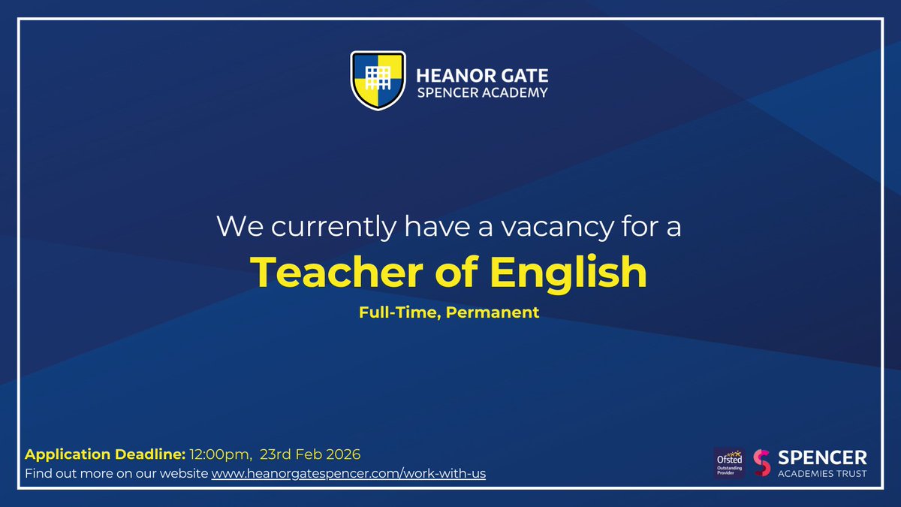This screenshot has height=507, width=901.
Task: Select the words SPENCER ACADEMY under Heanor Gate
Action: (482, 93)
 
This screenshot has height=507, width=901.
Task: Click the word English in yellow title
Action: (568, 273)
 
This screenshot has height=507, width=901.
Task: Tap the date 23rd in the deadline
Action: (276, 454)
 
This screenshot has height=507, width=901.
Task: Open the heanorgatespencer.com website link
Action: (348, 475)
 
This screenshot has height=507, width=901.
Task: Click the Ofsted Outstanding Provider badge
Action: (729, 463)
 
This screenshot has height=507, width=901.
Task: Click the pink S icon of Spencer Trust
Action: (762, 463)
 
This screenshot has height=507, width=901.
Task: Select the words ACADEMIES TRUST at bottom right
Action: (822, 473)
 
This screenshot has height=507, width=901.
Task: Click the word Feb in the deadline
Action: (309, 454)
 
